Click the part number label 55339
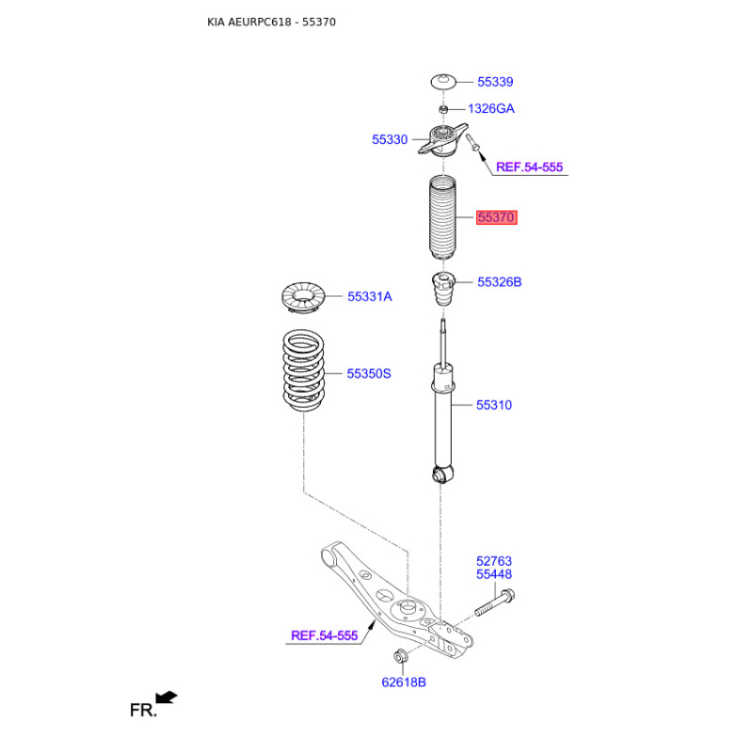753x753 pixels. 494,82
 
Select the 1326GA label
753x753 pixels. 491,108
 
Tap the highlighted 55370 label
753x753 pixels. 496,217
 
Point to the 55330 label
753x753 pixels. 390,139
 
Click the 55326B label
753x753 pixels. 499,281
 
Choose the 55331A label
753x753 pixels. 369,296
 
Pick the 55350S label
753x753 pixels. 368,374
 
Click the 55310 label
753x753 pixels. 493,405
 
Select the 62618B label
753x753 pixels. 404,681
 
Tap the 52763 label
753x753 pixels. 493,562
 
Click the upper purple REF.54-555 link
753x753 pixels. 529,167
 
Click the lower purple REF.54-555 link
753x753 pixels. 324,635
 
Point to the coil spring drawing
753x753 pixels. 303,369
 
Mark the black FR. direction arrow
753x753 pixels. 167,697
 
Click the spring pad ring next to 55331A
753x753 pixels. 303,297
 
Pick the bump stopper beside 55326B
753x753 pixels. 441,290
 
